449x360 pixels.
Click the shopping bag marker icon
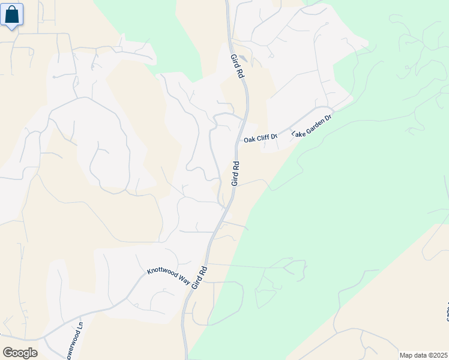tap(12, 15)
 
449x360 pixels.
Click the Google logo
tap(20, 353)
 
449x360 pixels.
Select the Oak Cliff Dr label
tap(261, 139)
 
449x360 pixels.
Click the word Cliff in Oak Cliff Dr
tap(262, 139)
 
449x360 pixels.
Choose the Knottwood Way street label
tap(170, 265)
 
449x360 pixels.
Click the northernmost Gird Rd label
tap(237, 67)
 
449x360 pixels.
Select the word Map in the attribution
tap(406, 355)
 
